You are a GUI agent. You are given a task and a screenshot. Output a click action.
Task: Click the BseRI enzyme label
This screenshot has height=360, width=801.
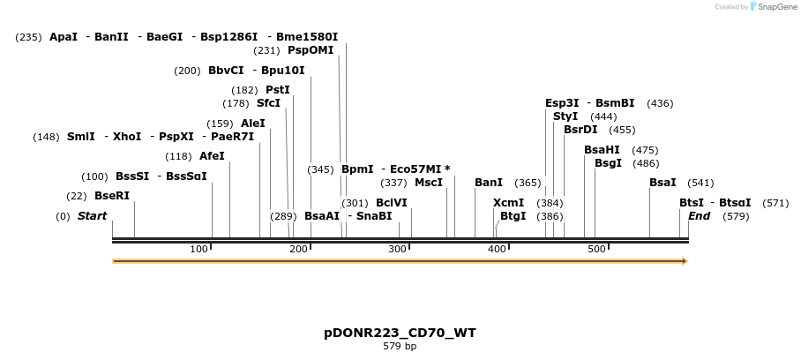point(112,196)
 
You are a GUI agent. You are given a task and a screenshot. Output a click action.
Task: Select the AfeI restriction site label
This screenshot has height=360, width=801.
point(212,156)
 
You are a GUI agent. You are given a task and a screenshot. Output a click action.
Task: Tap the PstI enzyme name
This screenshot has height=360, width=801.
point(278,90)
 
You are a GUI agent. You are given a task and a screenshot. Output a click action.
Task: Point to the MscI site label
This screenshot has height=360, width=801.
point(429,183)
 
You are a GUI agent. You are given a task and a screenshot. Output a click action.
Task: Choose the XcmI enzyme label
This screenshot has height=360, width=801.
point(508,203)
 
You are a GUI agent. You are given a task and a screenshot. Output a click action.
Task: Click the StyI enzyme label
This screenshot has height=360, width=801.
point(565,116)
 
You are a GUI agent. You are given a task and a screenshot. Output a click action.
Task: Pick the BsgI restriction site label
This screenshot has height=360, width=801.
point(608,163)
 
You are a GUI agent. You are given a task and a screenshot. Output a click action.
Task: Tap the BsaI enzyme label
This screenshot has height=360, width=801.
point(663,183)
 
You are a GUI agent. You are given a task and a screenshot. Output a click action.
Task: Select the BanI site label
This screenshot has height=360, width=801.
point(489,183)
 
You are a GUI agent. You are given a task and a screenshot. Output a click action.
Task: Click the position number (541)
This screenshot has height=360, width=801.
point(700,183)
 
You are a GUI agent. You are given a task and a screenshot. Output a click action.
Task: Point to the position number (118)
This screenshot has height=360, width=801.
point(178,156)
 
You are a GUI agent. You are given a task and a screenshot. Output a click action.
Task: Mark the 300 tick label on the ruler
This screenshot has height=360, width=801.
point(398,249)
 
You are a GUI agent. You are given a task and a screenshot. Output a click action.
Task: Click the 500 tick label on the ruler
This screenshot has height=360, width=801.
point(596,249)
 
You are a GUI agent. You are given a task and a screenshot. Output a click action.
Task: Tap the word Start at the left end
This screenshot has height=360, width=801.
point(92,216)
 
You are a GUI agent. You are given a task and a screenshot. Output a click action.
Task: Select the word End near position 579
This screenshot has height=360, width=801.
point(699,216)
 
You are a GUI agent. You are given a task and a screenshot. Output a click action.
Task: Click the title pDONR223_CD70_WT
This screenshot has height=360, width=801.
point(400,333)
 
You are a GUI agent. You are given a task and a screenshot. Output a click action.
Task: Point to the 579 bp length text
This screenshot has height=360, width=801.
point(400,347)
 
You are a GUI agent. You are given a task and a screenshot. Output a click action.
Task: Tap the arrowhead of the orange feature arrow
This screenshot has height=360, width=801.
point(683,261)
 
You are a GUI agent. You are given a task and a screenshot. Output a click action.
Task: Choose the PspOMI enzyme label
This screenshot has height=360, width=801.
point(311,50)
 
